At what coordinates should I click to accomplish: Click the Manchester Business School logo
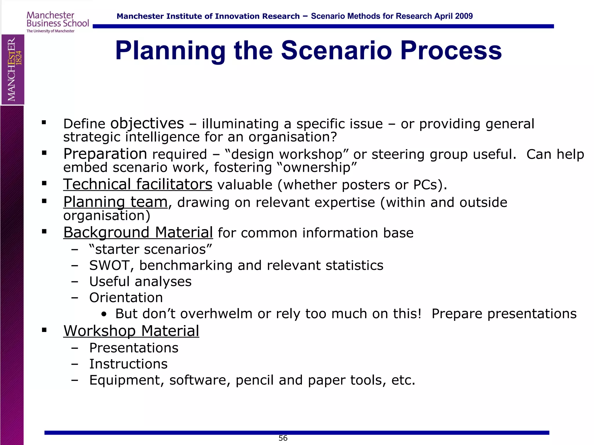click(57, 22)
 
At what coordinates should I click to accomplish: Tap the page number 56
click(283, 438)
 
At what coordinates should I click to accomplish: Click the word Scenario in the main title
click(336, 50)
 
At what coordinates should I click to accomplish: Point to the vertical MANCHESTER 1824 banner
click(13, 69)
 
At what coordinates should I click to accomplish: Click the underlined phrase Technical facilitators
click(138, 184)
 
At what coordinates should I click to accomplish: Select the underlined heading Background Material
click(138, 232)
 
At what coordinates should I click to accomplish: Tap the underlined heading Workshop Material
click(131, 331)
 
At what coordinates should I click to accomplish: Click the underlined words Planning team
click(115, 202)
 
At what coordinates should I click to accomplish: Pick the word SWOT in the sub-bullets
click(109, 265)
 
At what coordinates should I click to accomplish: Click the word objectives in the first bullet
click(147, 123)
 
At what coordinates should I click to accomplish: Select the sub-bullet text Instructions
click(128, 364)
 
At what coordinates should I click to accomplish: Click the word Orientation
click(126, 298)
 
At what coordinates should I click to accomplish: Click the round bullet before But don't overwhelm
click(104, 314)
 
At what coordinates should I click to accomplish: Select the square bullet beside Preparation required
click(44, 153)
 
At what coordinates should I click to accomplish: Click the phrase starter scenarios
click(150, 249)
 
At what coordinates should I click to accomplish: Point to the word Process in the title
click(451, 50)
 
